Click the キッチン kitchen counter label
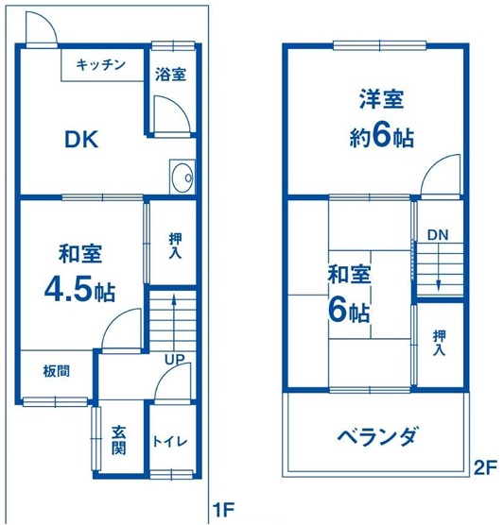point(100,64)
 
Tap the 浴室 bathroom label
point(170,75)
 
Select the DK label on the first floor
point(81,140)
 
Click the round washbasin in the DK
point(182,177)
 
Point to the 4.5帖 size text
point(79,290)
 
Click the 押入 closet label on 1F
point(175,246)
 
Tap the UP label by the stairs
point(174,360)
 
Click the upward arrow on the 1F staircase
point(174,325)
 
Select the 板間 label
point(57,371)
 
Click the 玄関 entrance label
point(119,440)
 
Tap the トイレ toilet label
point(169,442)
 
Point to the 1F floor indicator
point(223,510)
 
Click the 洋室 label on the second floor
point(381,99)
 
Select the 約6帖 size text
point(382,137)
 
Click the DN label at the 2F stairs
point(438,235)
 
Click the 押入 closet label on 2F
point(439,343)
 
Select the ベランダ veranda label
point(377,436)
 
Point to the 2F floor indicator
point(484,468)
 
